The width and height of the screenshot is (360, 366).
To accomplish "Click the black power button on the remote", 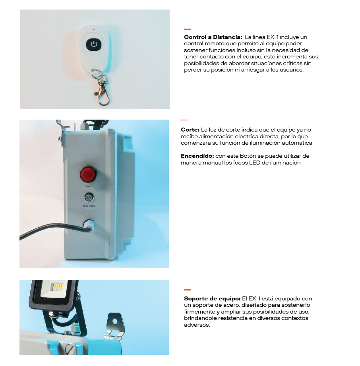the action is (94, 44).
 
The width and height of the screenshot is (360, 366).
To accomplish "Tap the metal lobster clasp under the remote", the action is (103, 93).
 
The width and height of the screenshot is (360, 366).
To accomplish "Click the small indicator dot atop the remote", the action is (93, 29).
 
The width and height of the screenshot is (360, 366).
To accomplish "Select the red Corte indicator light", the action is (88, 174).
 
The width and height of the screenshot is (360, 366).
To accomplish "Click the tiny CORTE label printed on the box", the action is (88, 186).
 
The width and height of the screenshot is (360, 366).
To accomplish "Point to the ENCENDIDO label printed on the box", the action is (89, 206).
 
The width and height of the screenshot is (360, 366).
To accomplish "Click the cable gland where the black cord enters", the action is (89, 225).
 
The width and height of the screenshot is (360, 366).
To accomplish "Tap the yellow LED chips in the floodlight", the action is (58, 288).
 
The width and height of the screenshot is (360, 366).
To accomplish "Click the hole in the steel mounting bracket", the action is (114, 321).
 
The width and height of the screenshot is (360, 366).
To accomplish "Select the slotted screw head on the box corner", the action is (70, 350).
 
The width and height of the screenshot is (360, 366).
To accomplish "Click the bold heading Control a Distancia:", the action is (213, 37).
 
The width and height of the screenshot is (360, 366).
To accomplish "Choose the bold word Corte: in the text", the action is (190, 130).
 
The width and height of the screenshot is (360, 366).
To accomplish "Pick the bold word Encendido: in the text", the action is (197, 156).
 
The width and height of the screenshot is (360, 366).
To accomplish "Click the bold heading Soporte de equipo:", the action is (212, 299).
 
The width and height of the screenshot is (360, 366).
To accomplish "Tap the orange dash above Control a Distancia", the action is (188, 29).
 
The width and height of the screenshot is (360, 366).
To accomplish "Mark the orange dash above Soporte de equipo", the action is (188, 290).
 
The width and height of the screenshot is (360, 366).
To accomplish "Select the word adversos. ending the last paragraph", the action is (197, 325).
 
